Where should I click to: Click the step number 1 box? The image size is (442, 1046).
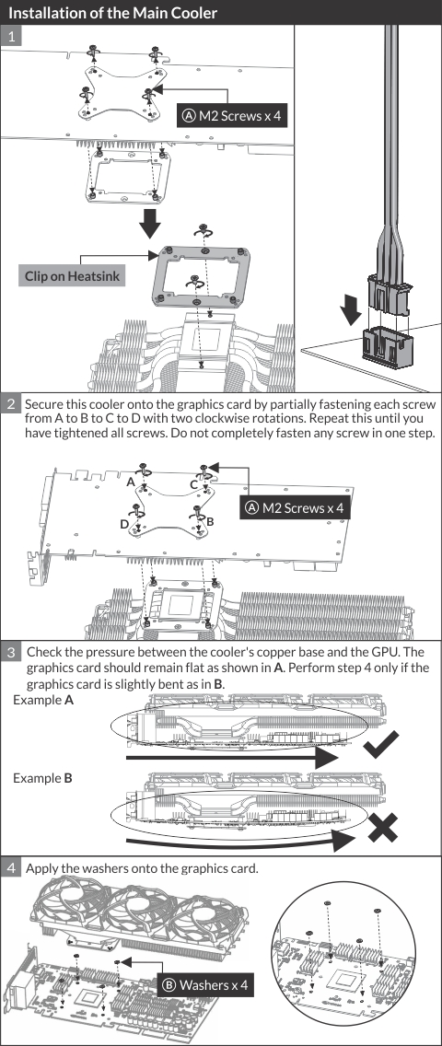point(11,36)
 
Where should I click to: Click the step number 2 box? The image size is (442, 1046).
point(11,404)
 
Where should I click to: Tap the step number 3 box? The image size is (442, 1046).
point(11,652)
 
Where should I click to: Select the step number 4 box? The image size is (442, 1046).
point(11,868)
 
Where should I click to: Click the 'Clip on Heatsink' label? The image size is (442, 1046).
point(71,275)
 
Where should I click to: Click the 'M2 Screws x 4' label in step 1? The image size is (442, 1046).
point(231,115)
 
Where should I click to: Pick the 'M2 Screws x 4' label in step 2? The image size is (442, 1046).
point(295,507)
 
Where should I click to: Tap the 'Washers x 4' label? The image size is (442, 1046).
point(206,984)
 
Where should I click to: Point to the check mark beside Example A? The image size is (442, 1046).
point(380,745)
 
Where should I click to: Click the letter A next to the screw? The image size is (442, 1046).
point(131,482)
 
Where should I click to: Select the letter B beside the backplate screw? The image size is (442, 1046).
point(210,522)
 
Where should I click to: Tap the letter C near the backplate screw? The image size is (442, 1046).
point(193,484)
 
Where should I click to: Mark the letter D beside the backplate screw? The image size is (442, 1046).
point(124,524)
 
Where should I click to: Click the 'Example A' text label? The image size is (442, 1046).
point(43,701)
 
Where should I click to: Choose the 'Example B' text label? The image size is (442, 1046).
point(42,778)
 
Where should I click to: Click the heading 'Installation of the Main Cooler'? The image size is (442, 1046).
point(112,13)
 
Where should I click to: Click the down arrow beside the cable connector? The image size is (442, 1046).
point(349,309)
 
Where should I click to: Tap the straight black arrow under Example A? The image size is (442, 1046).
point(233,758)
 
